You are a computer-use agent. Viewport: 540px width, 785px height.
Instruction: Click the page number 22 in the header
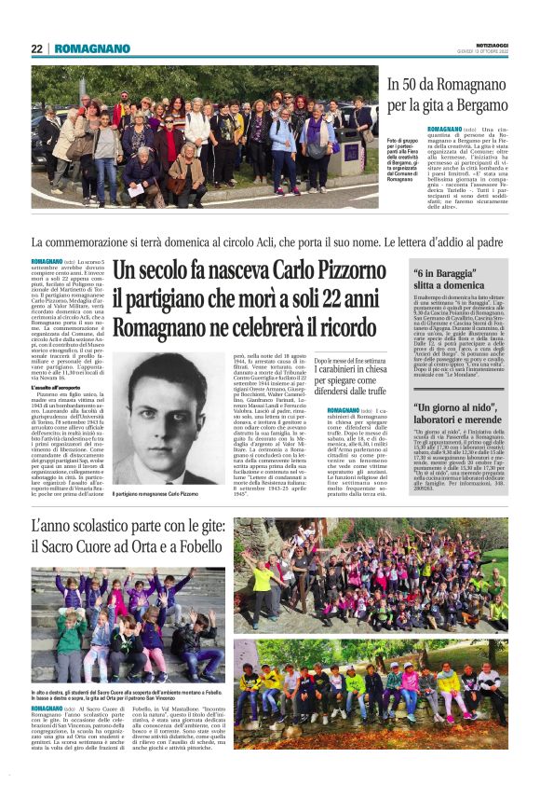37,48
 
